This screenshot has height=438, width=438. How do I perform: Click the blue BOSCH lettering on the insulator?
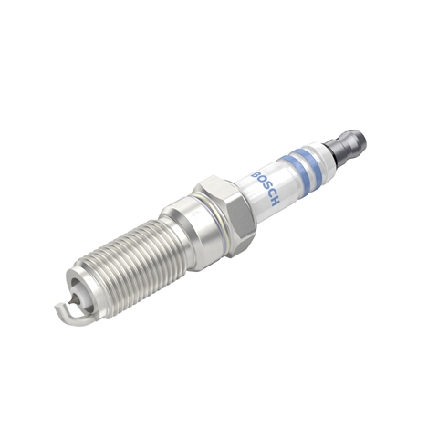point(265,188)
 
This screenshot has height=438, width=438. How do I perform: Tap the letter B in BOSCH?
point(255,174)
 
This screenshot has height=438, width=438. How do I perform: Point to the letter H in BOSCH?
point(275,202)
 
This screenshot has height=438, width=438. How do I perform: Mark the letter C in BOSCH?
point(269,193)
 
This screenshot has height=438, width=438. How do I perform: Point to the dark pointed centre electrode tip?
point(72,300)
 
